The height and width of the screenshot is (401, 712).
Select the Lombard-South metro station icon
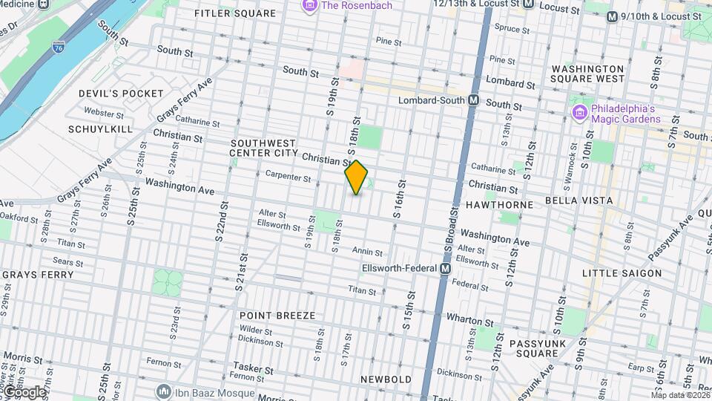(x=472, y=100)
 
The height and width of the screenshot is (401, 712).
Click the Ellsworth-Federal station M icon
(x=445, y=269)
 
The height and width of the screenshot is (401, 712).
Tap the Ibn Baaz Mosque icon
(x=164, y=391)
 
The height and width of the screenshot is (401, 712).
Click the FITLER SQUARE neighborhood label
(x=235, y=13)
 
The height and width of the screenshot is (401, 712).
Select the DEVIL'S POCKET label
(x=121, y=93)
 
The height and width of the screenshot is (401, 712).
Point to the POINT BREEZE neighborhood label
(x=277, y=316)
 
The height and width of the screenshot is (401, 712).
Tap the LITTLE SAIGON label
(x=622, y=273)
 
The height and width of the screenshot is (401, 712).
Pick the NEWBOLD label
(x=386, y=379)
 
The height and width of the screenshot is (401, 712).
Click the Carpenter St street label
(x=288, y=177)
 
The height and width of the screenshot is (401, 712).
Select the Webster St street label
(x=104, y=114)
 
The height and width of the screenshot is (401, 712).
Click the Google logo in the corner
(x=24, y=391)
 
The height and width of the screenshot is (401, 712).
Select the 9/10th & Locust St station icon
(x=612, y=17)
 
